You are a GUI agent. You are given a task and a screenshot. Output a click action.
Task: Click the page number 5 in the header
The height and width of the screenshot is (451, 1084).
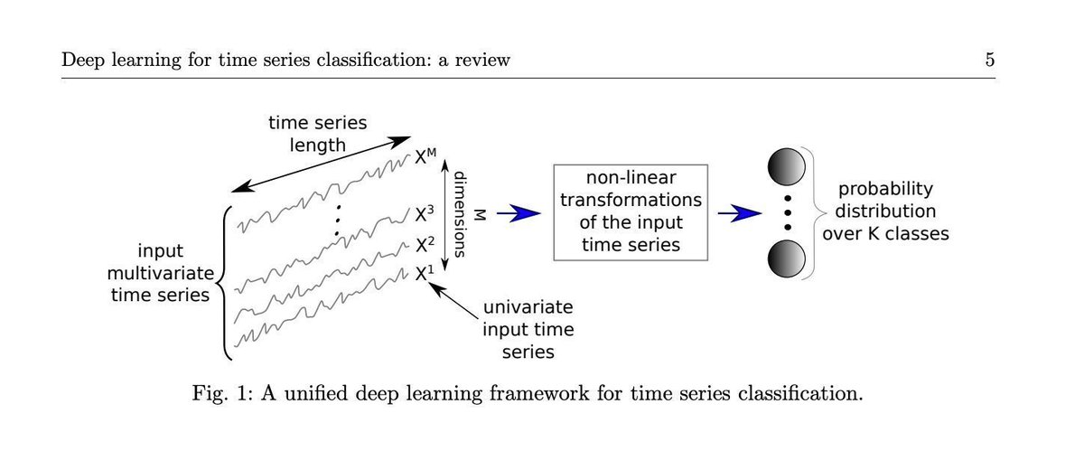click(990, 61)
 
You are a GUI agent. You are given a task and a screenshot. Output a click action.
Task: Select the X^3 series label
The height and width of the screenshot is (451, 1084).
click(425, 215)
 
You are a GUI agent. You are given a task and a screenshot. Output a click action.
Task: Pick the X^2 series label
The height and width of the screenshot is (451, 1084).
click(425, 244)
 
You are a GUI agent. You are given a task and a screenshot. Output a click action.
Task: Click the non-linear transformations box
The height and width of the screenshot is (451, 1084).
click(629, 213)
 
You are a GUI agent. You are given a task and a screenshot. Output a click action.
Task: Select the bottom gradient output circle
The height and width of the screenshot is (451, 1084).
click(785, 258)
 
